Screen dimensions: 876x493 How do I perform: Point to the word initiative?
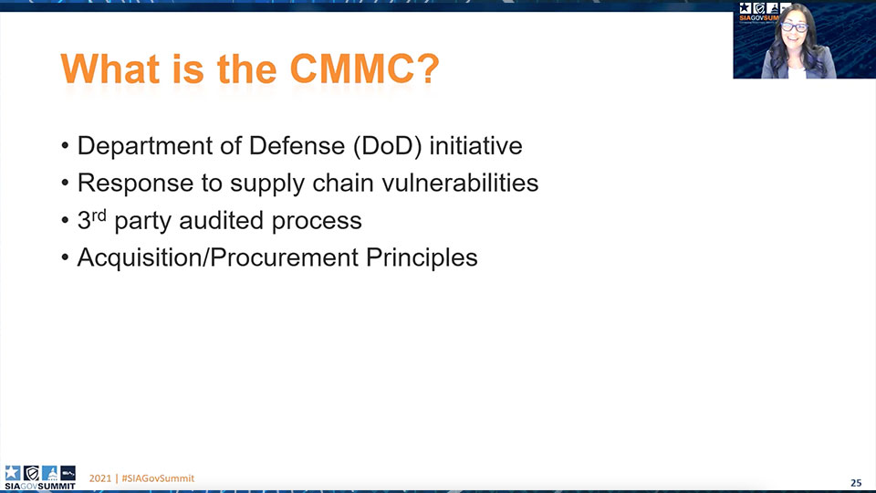point(475,146)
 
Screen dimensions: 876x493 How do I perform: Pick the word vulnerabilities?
point(460,183)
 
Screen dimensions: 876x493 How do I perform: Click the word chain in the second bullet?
point(343,183)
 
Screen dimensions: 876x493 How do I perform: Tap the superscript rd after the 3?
point(99,215)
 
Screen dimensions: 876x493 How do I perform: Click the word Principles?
point(422,258)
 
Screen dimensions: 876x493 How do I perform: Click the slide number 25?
point(855,483)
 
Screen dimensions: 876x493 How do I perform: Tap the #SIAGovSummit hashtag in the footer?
point(158,478)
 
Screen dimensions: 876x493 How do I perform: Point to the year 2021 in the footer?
point(100,478)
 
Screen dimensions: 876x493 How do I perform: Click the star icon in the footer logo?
point(12,473)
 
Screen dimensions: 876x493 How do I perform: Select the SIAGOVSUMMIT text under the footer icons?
point(39,487)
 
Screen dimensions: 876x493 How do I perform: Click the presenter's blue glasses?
point(794,27)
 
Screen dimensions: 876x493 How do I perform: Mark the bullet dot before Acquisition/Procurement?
point(65,257)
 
